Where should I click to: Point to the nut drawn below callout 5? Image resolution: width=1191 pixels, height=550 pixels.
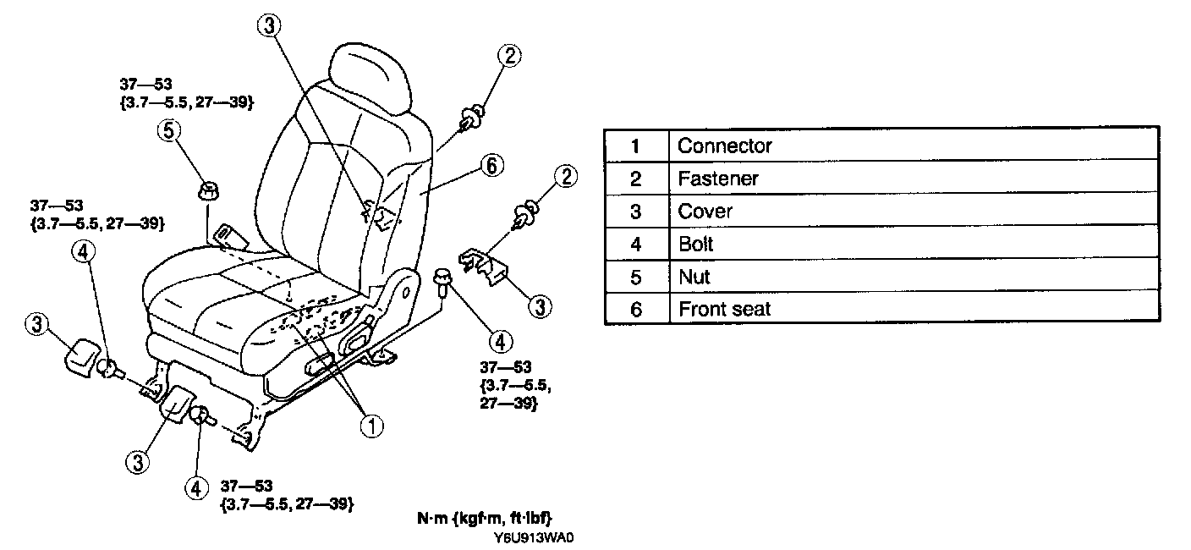[206, 190]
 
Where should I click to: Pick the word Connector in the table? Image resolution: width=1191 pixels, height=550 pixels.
[724, 146]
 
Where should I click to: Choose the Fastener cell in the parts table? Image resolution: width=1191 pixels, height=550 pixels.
[717, 179]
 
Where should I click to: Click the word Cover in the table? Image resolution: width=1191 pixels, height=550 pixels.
[705, 212]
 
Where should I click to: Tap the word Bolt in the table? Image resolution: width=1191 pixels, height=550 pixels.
[695, 245]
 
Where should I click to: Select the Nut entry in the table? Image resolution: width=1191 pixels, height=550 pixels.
[694, 277]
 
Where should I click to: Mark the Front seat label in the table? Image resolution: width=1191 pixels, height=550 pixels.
[724, 309]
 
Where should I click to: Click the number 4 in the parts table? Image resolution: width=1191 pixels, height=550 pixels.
[636, 245]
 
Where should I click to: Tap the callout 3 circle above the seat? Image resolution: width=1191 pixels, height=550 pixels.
[268, 26]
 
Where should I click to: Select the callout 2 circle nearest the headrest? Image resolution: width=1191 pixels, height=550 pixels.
[508, 56]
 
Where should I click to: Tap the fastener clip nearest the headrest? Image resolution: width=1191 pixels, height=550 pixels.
[472, 116]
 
